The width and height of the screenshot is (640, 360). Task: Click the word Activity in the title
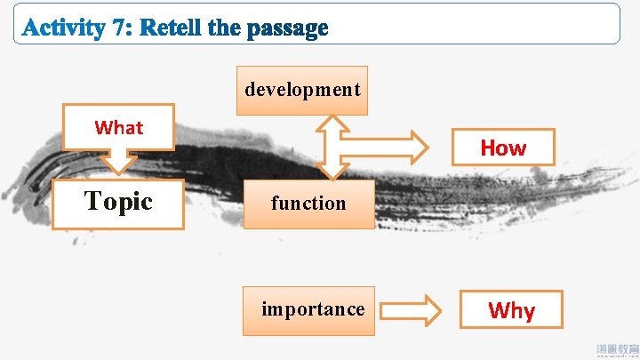[x=63, y=28]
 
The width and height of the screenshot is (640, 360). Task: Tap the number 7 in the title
[x=118, y=28]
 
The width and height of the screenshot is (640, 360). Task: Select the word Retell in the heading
[x=171, y=28]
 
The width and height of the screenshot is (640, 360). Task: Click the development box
[x=302, y=90]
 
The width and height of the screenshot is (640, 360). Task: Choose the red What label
[x=119, y=127]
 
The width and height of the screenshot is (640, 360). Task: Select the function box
[x=308, y=204]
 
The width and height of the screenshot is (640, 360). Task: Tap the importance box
[x=311, y=310]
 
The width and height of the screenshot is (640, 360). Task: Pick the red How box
[x=503, y=148]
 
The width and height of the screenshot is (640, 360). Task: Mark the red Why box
[x=511, y=310]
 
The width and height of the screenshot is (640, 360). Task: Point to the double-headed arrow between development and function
[x=332, y=148]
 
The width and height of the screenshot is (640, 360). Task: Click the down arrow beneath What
[x=118, y=161]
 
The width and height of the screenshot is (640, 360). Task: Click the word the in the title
[x=223, y=28]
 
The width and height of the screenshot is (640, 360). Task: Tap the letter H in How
[x=488, y=148]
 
